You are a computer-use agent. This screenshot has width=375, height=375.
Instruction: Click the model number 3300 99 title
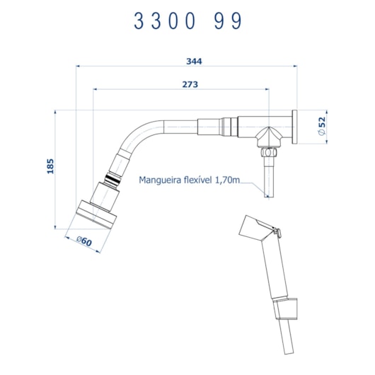click(x=188, y=21)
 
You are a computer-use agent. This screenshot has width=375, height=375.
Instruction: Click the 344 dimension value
click(x=194, y=62)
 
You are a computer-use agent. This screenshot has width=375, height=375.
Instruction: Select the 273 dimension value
click(x=190, y=84)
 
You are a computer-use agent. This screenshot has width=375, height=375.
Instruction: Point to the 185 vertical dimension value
click(x=50, y=166)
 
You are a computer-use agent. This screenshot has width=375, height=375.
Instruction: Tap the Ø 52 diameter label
click(x=323, y=126)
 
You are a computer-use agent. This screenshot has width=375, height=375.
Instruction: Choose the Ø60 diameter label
click(x=84, y=241)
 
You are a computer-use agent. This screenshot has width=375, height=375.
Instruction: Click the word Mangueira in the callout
click(x=160, y=180)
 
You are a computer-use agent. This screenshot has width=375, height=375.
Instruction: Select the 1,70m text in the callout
click(x=227, y=180)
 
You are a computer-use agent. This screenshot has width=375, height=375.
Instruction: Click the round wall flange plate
click(x=294, y=127)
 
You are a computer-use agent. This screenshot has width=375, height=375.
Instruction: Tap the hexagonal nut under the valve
click(x=269, y=152)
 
